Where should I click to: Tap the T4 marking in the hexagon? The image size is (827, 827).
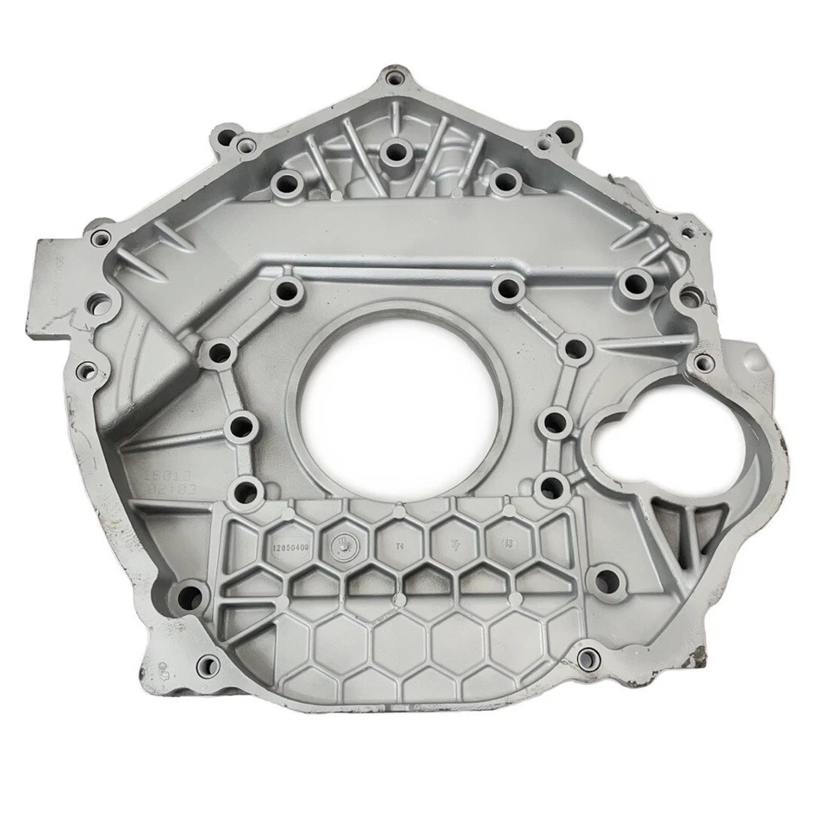(x=399, y=545)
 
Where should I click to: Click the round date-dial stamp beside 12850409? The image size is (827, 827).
(x=342, y=543)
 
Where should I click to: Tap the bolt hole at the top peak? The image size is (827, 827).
(x=395, y=78)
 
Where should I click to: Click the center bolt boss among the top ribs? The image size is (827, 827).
(x=395, y=153)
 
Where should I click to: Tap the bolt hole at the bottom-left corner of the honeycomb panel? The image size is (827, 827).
(x=188, y=594)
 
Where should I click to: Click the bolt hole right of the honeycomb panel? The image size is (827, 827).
(x=607, y=578)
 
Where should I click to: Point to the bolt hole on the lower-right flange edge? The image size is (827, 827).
(x=588, y=659)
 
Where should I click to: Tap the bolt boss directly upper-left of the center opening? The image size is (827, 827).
(x=283, y=291)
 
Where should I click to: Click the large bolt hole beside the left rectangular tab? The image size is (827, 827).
(x=100, y=303)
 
